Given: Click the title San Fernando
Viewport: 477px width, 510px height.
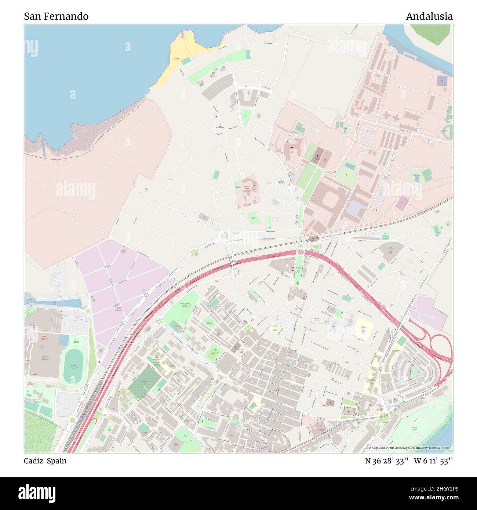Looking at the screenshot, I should coord(56,17).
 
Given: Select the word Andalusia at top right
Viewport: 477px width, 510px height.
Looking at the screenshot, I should coord(429,17).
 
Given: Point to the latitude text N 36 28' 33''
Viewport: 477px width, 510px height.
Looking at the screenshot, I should coord(387,461).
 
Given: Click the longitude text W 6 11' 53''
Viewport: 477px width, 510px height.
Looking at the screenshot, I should coord(433,461).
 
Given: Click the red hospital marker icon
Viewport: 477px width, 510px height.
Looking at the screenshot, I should coord(287,141).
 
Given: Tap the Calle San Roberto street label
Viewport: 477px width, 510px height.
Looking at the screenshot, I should coord(271,232).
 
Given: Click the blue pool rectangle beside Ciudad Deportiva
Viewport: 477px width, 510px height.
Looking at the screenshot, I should coord(63,340).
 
